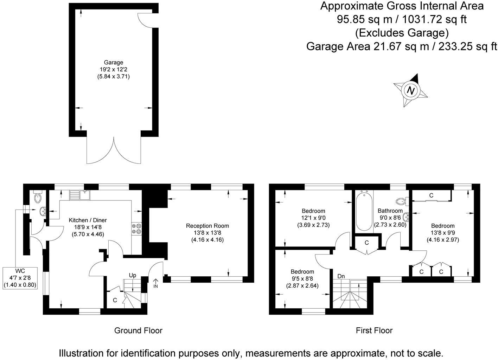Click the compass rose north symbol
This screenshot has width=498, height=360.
410,90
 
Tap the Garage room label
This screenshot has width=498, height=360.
113,63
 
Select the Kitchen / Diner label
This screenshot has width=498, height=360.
88,220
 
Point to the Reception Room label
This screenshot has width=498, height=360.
207,226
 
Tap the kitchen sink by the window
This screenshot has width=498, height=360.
80,195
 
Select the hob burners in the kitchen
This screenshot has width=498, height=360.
136,229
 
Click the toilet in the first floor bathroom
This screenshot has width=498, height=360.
401,201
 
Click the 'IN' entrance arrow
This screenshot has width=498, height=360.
155,283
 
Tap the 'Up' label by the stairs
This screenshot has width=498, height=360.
132,275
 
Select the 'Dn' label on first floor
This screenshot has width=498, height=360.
341,276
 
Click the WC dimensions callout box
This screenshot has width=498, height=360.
20,278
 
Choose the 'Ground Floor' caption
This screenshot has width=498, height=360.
138,330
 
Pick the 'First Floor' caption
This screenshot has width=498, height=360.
374,330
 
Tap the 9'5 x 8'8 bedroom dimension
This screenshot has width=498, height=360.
302,279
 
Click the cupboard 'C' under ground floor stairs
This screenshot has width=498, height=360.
115,301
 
